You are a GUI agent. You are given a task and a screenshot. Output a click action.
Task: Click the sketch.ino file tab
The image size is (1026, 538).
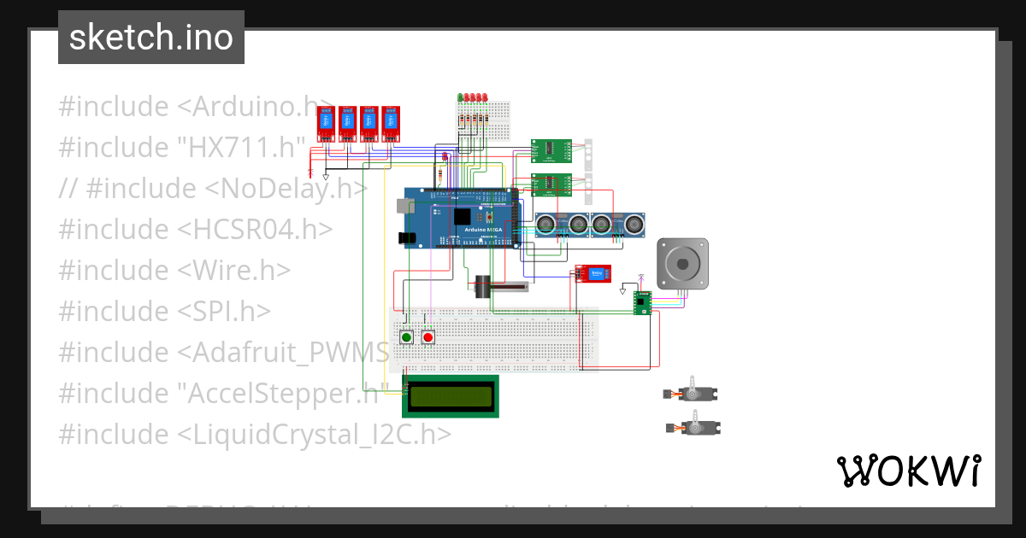tap(150, 38)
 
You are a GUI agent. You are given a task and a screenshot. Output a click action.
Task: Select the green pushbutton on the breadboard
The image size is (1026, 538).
tap(406, 337)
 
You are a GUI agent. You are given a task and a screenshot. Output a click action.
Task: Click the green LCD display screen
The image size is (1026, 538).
tap(451, 395)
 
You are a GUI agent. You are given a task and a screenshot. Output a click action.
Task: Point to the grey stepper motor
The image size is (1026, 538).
tap(681, 263)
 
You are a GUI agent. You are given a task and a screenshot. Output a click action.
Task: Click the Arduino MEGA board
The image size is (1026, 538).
tap(462, 218)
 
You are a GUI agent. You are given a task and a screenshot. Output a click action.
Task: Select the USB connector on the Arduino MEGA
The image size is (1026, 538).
tap(403, 206)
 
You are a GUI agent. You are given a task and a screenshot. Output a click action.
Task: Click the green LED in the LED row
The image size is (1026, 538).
tap(460, 97)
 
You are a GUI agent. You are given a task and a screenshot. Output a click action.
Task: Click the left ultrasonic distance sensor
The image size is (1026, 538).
tap(563, 224)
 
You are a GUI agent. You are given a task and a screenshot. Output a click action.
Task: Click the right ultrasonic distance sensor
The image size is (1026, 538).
tap(618, 224)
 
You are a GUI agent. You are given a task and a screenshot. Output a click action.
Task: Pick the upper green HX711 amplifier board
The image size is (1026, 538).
tap(551, 150)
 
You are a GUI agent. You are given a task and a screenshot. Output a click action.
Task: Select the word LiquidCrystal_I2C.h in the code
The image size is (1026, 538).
tap(314, 434)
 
